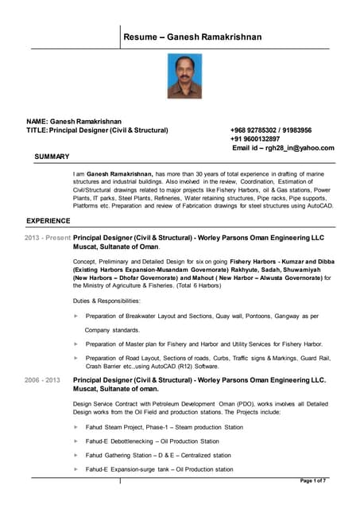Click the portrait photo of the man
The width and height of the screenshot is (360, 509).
tap(184, 76)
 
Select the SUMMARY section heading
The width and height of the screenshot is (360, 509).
tap(52, 157)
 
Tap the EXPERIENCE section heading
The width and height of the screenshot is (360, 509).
tap(49, 220)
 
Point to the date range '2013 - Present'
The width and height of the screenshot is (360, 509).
tap(48, 238)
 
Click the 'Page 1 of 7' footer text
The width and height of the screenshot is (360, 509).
tap(313, 481)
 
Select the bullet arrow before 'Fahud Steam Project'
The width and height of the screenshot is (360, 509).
tap(75, 427)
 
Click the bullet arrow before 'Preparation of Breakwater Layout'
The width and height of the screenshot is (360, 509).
tap(75, 316)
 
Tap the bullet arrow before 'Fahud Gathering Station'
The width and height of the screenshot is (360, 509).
tap(75, 455)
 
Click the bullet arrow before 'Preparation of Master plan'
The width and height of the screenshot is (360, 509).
tap(75, 344)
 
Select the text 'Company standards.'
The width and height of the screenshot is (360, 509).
tap(113, 329)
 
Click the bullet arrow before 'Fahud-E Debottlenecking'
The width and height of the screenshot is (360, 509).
tap(75, 441)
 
